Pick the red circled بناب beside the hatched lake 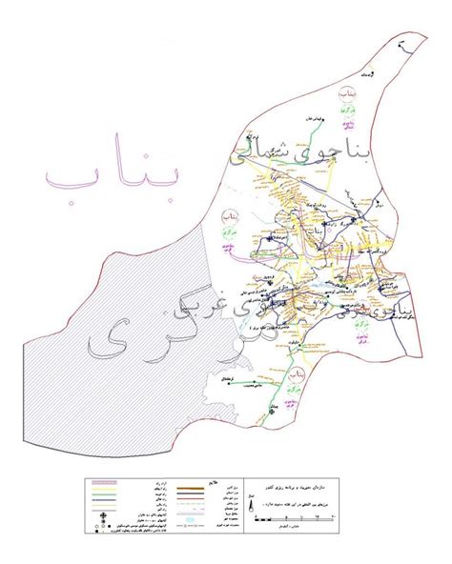229,218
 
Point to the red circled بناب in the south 298,379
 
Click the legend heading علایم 210,484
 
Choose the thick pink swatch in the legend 104,485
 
